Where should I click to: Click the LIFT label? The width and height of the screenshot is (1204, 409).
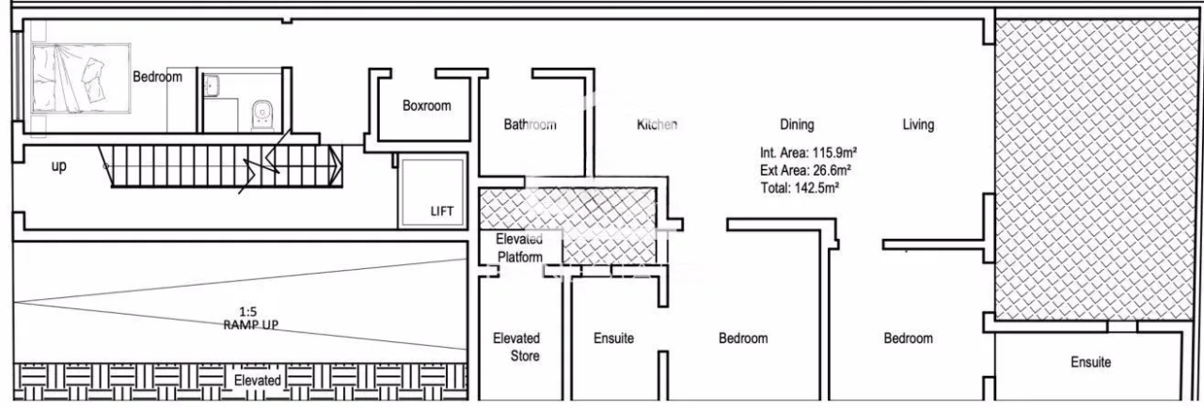pos(442,212)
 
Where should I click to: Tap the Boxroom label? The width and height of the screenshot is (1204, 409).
pos(426,106)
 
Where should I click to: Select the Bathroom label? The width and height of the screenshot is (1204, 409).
pos(530,124)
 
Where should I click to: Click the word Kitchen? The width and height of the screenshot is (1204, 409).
pos(657,124)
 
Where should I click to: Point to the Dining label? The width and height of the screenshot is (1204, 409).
pos(797,124)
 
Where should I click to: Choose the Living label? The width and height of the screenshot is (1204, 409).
pos(918,124)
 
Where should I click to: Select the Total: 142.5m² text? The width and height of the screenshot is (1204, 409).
pos(799,187)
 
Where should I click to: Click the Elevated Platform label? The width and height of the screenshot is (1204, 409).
pos(519,248)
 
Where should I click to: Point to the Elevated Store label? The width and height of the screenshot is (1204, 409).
pos(517,347)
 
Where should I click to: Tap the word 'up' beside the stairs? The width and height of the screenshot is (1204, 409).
pos(58,166)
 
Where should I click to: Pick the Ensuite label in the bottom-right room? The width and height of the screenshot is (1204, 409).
pos(1090,362)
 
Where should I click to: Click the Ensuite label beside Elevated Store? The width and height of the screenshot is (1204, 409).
pos(613,338)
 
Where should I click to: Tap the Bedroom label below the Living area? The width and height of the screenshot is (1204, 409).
pos(908,338)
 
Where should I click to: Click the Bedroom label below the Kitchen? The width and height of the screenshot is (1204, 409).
pos(743,338)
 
